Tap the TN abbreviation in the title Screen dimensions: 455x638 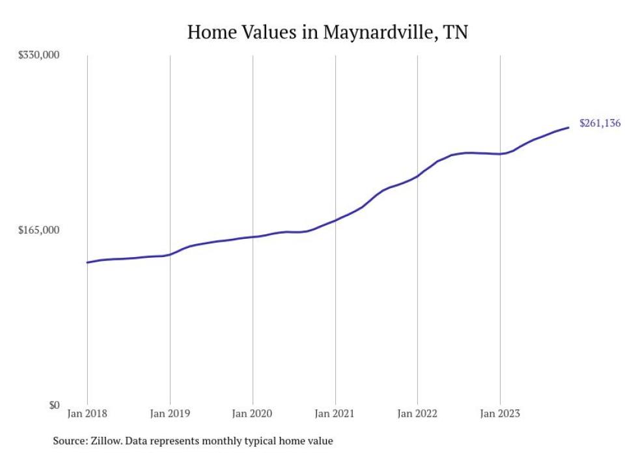coord(455,32)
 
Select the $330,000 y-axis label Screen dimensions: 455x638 coord(38,55)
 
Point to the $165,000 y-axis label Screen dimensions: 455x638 coord(38,230)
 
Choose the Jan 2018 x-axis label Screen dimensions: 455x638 coord(87,413)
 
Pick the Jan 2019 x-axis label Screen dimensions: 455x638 coord(170,413)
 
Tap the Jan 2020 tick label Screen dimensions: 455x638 coord(253,413)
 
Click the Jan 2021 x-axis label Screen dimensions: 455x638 coord(335,413)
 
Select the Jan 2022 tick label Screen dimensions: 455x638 coord(417,413)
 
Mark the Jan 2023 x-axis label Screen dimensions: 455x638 coord(500,413)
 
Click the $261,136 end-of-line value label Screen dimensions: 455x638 coord(600,124)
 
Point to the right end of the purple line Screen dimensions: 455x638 coord(569,128)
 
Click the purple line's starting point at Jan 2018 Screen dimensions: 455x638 coord(87,262)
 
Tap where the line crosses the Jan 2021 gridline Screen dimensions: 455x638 coord(335,220)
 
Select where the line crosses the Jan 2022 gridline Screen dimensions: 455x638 coord(417,176)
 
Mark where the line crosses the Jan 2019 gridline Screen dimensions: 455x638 coord(170,255)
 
